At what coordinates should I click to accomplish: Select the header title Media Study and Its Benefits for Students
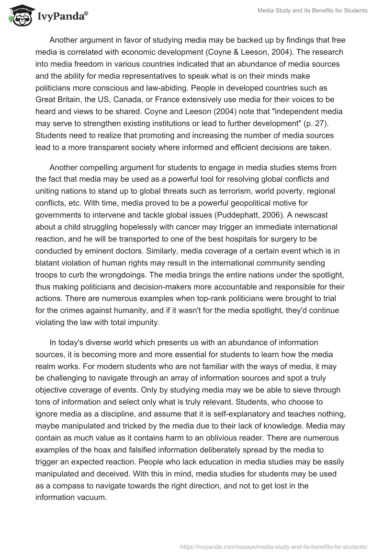point(312,11)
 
